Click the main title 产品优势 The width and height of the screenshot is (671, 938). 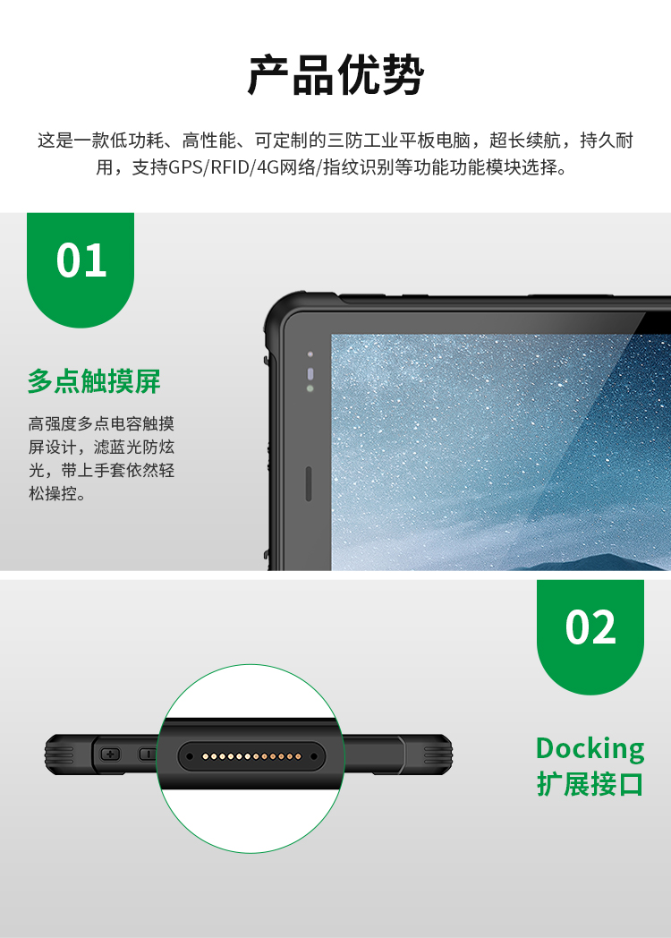click(x=335, y=76)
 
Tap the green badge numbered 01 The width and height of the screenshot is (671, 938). click(x=81, y=269)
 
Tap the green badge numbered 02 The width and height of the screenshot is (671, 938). click(x=590, y=635)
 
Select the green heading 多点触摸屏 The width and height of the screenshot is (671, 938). click(x=94, y=381)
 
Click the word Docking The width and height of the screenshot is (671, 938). click(x=590, y=749)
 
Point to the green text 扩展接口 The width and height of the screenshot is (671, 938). click(x=590, y=784)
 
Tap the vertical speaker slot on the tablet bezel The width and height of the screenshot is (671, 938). click(x=309, y=483)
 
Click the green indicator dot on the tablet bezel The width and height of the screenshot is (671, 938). click(x=310, y=388)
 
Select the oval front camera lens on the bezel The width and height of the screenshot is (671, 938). click(x=310, y=374)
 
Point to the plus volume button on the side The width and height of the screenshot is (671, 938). click(x=110, y=754)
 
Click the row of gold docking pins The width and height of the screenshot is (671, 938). click(x=251, y=756)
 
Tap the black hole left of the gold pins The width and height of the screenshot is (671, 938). click(x=190, y=756)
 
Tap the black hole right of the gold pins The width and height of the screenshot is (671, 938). click(x=314, y=756)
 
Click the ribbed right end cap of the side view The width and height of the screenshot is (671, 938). click(x=436, y=755)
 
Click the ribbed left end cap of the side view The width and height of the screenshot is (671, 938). click(x=61, y=755)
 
